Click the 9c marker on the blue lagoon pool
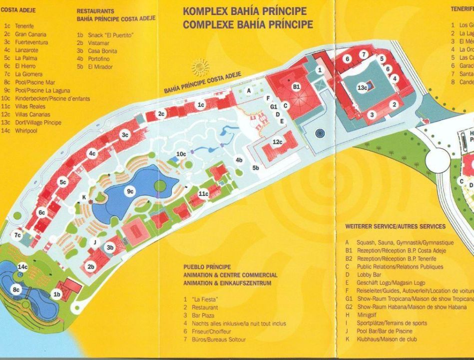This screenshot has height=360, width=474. pos(130,191)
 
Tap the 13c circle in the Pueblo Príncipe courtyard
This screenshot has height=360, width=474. pos(363,88)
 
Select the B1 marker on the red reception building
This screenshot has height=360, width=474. pos(296,86)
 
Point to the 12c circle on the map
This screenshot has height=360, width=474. pos(278,142)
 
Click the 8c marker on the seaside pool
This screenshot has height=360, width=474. pos(16,289)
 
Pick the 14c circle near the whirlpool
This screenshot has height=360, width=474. pos(22,267)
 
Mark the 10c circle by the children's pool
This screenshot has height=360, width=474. pos(181,153)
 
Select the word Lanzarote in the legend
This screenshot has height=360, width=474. pos(26,50)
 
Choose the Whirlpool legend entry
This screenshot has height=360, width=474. pos(27,131)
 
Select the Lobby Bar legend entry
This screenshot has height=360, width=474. pos(369,275)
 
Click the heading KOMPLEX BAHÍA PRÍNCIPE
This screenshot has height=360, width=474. pos(248,11)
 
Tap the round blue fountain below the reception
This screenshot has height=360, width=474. pos(320,133)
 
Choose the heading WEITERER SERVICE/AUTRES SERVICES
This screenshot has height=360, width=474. pos(395,226)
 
